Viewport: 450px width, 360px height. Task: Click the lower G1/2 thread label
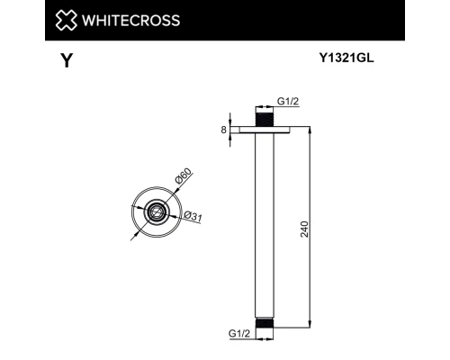click(x=240, y=332)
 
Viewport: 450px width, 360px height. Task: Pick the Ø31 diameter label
click(x=191, y=215)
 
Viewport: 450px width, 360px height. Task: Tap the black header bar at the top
click(x=225, y=20)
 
